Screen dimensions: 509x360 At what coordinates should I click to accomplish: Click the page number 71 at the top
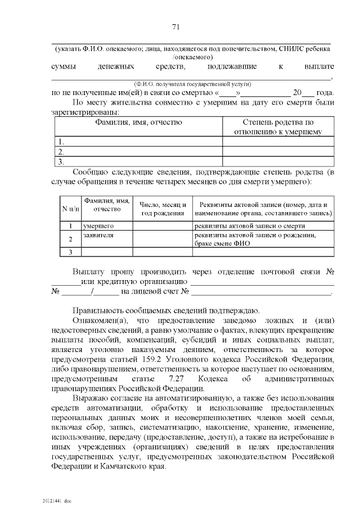point(175,27)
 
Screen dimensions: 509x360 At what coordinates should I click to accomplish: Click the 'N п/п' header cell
point(70,209)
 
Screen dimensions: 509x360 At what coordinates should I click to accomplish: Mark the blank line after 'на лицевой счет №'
point(261,292)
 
